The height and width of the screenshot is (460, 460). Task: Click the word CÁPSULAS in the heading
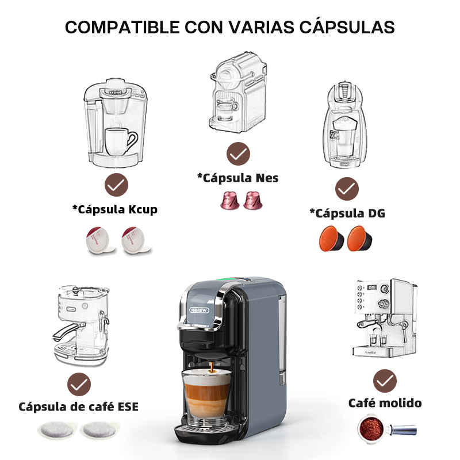coord(347,27)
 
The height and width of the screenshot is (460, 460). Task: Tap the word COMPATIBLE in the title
coord(122,28)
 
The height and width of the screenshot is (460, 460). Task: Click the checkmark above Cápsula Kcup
coord(117,185)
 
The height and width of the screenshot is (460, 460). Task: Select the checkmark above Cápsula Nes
coord(238,154)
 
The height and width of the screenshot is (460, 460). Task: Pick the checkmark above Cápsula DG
coord(347,189)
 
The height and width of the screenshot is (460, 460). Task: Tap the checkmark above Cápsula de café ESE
coord(79,385)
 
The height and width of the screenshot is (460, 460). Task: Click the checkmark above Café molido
coord(385,381)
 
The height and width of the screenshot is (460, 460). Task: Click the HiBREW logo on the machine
coord(199,310)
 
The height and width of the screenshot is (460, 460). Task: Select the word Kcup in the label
coord(143,210)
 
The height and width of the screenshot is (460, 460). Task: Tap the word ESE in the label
coord(128,407)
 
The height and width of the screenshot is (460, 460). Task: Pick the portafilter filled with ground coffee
coord(386,428)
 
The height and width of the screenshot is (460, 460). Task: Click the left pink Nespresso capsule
coord(229,200)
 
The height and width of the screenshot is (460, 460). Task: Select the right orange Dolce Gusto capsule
coord(360,239)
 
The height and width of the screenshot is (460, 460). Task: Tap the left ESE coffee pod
coord(57,430)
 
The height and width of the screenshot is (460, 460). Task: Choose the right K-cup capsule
coord(136,240)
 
